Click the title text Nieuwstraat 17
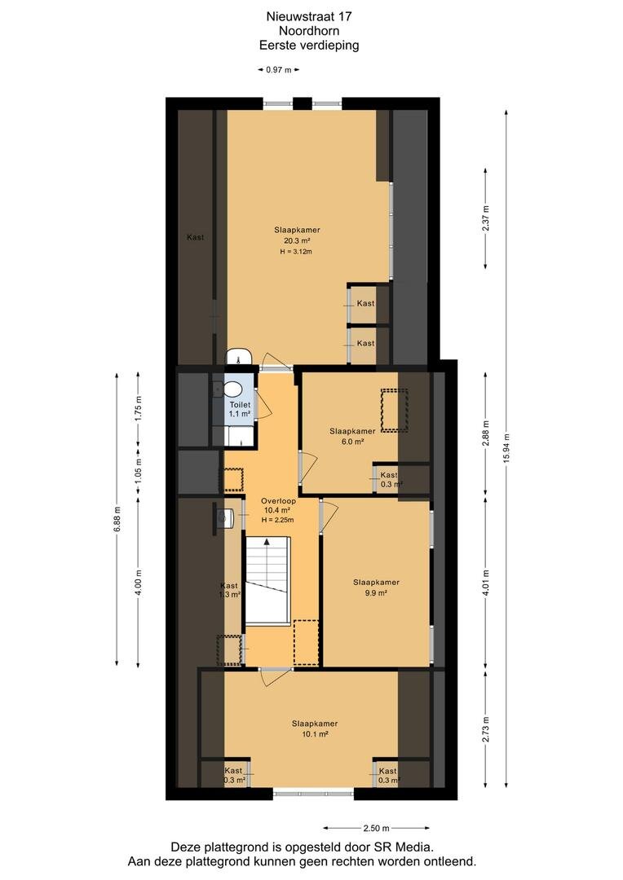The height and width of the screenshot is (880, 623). [309, 17]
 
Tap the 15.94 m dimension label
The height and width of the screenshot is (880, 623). [506, 448]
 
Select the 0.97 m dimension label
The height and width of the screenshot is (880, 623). [279, 70]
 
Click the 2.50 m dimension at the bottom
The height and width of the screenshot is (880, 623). [377, 828]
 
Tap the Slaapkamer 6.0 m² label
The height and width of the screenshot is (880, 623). [352, 437]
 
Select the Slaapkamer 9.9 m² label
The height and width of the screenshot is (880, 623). [377, 587]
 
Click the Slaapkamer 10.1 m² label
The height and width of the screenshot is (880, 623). [315, 729]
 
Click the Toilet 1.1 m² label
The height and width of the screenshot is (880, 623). [239, 409]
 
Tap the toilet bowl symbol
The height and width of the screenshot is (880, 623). [231, 389]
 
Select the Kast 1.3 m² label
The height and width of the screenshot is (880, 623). [230, 590]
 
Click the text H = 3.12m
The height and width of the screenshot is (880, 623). [296, 252]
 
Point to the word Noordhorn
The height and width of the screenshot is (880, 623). [309, 31]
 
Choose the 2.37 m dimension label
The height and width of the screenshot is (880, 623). [486, 219]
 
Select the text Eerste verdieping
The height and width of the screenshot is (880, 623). [309, 46]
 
